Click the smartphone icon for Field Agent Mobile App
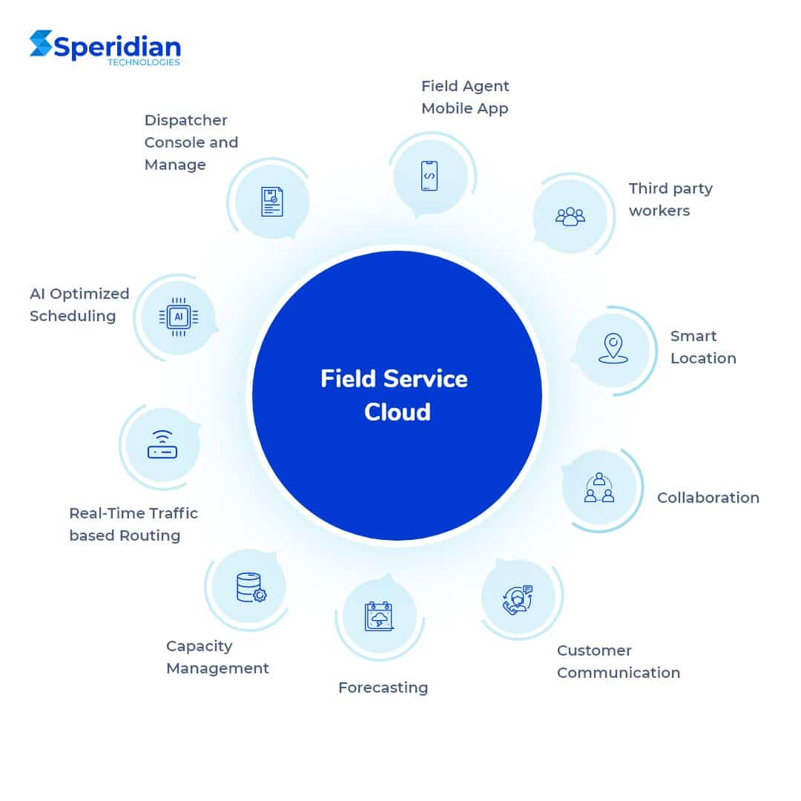(x=429, y=176)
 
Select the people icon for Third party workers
(x=570, y=216)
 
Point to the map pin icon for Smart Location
(x=613, y=349)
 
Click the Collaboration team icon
(x=599, y=488)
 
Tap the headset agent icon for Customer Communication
(x=518, y=599)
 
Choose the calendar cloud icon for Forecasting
(x=378, y=616)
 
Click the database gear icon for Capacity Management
(x=251, y=587)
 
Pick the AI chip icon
(x=178, y=317)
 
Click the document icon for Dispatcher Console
(x=271, y=201)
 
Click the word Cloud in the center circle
(x=397, y=412)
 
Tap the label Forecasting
(x=383, y=688)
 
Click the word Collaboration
(x=708, y=498)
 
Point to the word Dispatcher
(x=185, y=120)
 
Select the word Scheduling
(x=72, y=316)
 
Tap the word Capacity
(x=199, y=646)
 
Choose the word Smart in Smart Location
(x=693, y=336)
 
